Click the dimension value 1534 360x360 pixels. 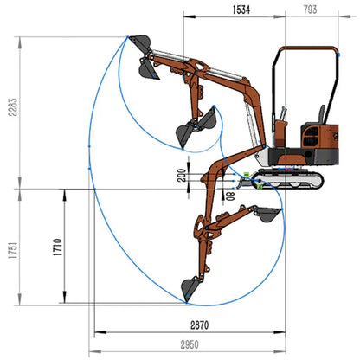click(x=241, y=10)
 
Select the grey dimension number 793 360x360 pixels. click(x=310, y=10)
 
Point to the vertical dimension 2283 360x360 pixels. click(x=13, y=107)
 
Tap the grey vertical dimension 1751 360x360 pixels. click(x=13, y=250)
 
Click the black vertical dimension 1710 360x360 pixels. click(x=57, y=247)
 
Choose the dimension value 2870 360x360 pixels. click(x=200, y=325)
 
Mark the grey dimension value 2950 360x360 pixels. click(x=190, y=344)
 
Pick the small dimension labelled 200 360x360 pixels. click(x=182, y=176)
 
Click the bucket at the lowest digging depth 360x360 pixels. click(x=191, y=288)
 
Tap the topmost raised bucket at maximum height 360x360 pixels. click(x=140, y=43)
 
